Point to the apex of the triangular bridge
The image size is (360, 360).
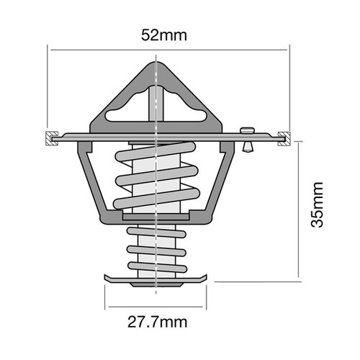tap(156, 64)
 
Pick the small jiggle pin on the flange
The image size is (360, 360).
tap(248, 138)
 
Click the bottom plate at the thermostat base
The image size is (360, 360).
tap(156, 279)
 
